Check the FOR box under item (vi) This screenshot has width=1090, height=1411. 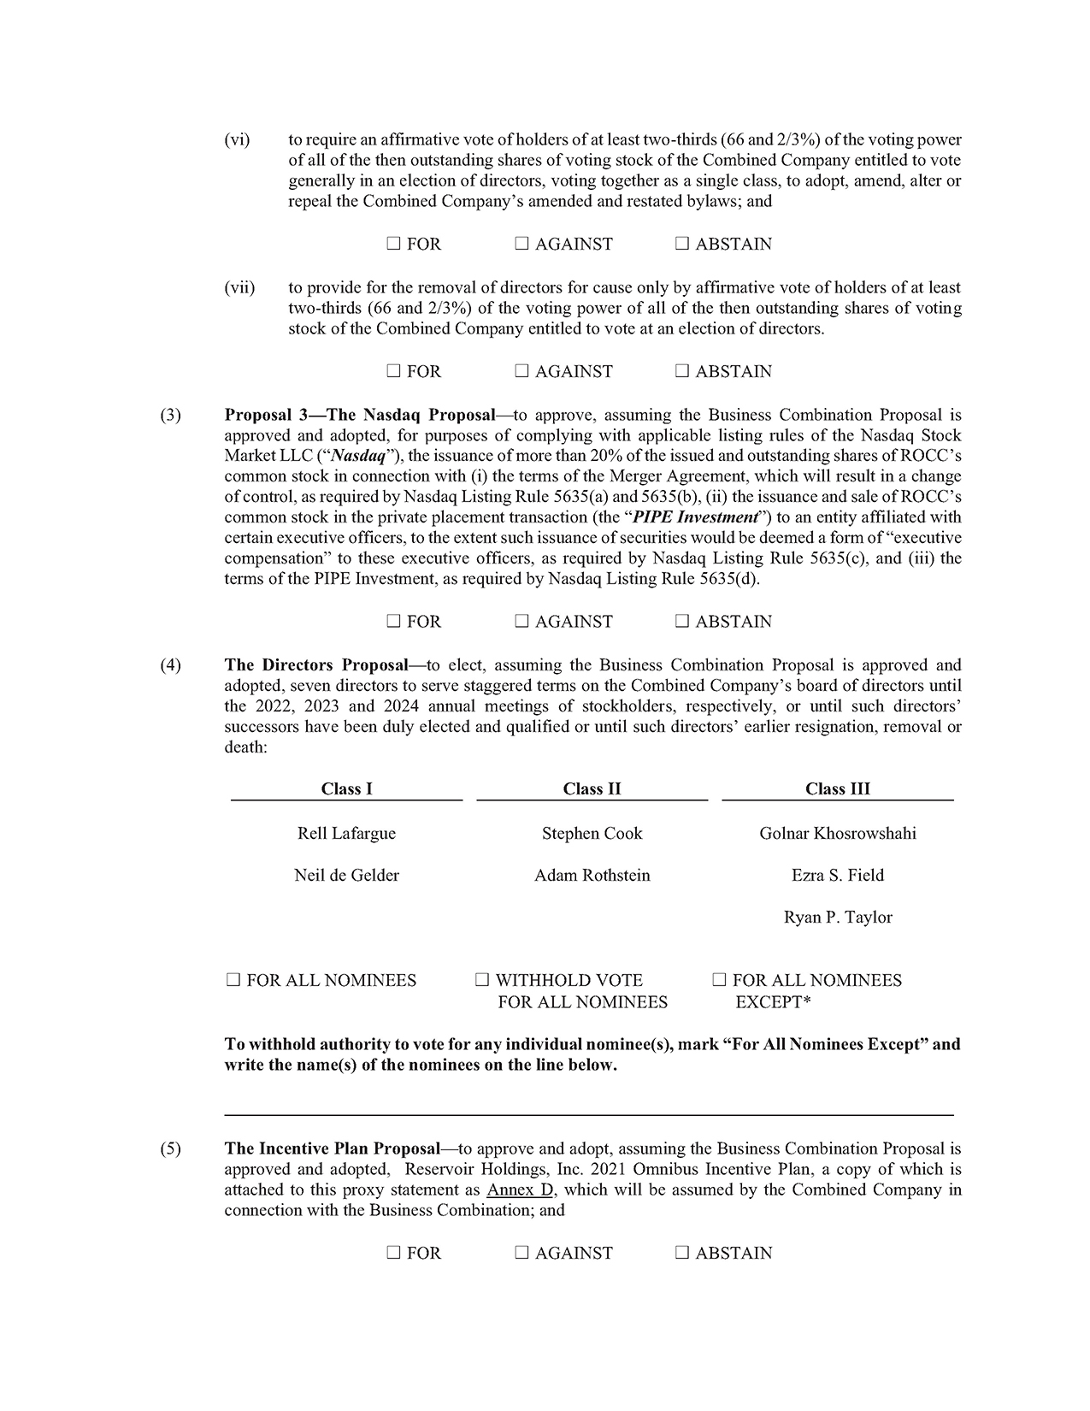coord(393,245)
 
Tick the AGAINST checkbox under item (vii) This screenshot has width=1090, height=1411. coord(521,372)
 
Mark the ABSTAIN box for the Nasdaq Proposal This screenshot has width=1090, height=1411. coord(681,622)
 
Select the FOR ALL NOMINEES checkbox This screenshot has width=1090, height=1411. coord(233,981)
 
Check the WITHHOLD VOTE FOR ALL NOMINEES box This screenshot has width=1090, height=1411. coord(482,981)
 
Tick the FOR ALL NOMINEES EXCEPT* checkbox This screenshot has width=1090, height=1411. coord(719,981)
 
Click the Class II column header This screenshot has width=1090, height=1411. coord(592,789)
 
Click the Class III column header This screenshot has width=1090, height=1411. coord(837,789)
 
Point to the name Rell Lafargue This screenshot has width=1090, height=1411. coord(346,834)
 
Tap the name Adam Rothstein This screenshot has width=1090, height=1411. coord(592,876)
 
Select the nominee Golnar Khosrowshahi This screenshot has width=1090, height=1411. coord(837,834)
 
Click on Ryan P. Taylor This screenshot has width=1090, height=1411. coord(837,918)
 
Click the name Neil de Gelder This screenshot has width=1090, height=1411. coord(346,876)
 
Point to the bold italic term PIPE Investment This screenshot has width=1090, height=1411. coord(695,517)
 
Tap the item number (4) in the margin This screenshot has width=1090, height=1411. coord(171,665)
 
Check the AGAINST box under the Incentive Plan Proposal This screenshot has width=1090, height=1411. coord(521,1254)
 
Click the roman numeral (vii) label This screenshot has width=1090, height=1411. coord(239,288)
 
